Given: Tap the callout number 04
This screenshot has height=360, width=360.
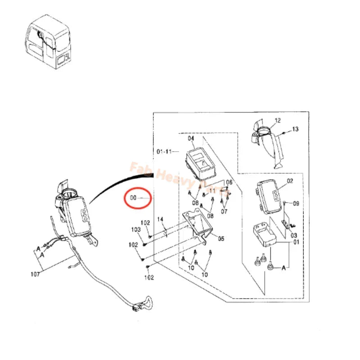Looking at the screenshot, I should (191, 139).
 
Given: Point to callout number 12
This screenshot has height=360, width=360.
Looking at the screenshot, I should (277, 120).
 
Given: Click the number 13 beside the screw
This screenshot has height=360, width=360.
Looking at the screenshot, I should (295, 129).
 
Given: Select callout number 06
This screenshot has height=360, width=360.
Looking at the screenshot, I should (229, 182).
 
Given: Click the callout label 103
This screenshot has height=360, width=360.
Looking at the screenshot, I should (136, 229).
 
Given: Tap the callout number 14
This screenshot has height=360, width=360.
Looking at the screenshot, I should (160, 219).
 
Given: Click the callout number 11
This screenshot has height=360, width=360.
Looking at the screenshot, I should (212, 191).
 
